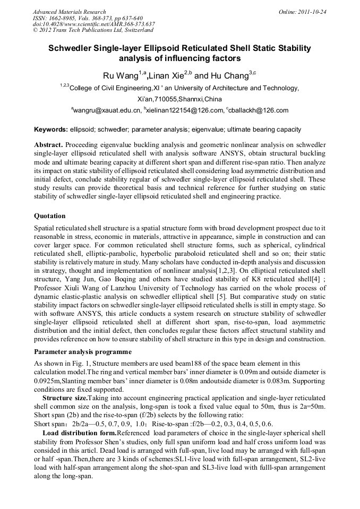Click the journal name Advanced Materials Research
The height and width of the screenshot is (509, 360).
(69, 12)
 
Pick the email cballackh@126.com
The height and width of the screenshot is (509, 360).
(259, 110)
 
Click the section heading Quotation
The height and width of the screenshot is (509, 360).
(49, 216)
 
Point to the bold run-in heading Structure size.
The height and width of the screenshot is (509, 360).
(64, 397)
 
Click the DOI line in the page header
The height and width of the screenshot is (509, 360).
(93, 24)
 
